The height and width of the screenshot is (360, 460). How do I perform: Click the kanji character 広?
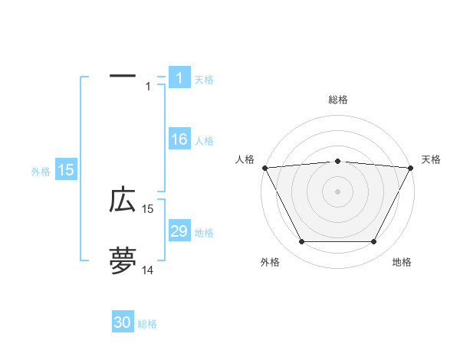click(x=123, y=200)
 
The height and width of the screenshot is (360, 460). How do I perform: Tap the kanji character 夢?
click(x=123, y=261)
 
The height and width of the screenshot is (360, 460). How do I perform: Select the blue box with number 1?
click(x=179, y=77)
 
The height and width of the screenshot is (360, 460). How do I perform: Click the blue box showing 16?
click(x=179, y=139)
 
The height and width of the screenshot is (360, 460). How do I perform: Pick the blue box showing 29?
click(x=179, y=231)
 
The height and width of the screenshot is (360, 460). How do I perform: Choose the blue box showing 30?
click(x=123, y=322)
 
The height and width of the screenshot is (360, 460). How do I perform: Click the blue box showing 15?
click(x=66, y=171)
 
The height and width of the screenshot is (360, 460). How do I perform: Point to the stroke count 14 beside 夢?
click(x=147, y=270)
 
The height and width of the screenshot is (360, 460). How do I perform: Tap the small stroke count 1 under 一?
click(x=148, y=86)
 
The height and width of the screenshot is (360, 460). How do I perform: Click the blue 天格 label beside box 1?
click(x=204, y=79)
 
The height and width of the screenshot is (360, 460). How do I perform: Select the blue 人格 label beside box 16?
click(x=204, y=141)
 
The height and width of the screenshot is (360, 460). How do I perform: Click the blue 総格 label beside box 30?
click(x=147, y=324)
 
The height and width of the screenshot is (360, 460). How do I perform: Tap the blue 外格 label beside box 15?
click(x=41, y=172)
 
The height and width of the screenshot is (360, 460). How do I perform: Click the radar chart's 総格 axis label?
click(x=338, y=100)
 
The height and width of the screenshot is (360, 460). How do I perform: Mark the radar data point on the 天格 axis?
click(x=411, y=168)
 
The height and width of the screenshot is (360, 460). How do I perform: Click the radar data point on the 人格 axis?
click(x=264, y=167)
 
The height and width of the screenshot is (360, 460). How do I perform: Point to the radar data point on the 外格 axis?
click(x=301, y=242)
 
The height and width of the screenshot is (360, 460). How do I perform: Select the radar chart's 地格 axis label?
click(x=402, y=262)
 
